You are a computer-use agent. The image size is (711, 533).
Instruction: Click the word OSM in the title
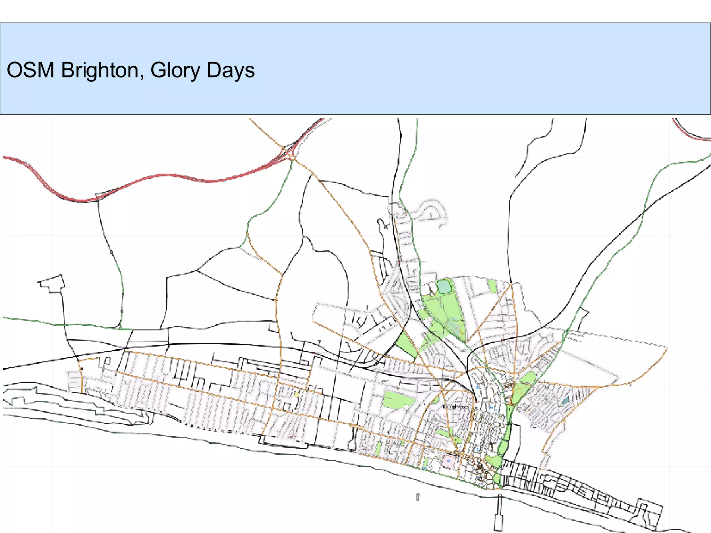(31, 70)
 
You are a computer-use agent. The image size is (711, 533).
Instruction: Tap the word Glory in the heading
(175, 70)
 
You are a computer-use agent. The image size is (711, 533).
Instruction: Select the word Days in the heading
(231, 70)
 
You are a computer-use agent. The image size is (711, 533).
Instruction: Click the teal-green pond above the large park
(443, 287)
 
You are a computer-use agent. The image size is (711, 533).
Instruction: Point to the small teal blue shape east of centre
(565, 401)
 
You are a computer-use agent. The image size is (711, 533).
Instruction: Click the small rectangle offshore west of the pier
(418, 497)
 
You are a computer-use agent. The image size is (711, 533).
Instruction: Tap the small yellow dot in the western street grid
(296, 395)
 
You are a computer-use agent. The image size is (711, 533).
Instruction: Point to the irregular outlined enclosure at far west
(52, 283)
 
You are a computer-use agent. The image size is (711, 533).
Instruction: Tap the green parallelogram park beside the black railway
(406, 344)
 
